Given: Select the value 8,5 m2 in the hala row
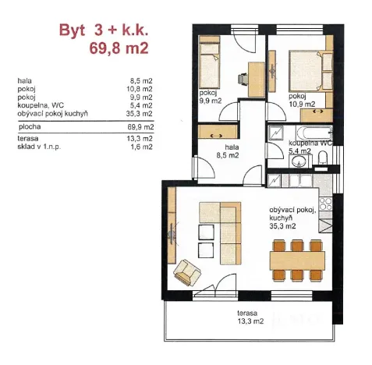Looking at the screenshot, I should tap(141, 80).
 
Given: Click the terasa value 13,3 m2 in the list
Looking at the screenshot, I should tap(141, 139).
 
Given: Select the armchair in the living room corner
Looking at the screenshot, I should tap(188, 271).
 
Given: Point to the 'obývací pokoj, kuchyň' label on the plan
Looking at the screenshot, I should tap(292, 215).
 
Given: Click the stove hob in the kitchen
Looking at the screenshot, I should tap(326, 207).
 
